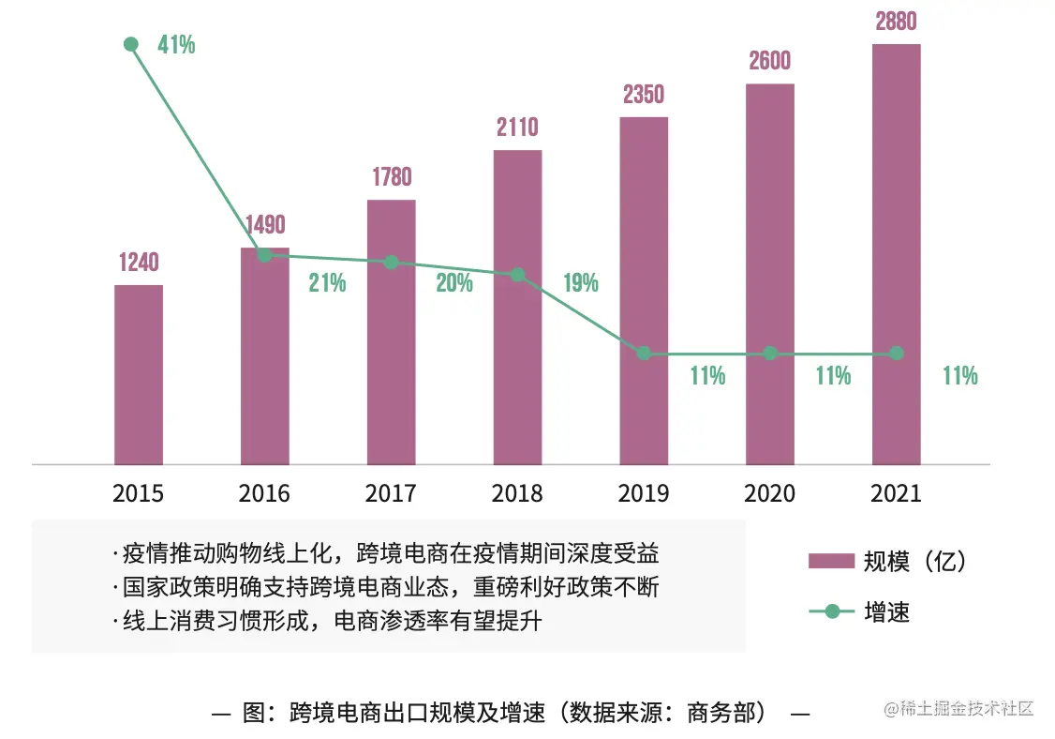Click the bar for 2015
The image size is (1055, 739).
click(139, 374)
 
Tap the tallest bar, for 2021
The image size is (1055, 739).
click(896, 253)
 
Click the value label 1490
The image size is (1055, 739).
click(265, 225)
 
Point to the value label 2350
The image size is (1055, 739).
click(644, 94)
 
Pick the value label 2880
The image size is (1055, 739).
click(896, 21)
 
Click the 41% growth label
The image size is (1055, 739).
click(176, 44)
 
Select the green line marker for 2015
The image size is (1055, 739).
click(131, 44)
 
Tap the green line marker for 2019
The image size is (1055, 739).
click(644, 354)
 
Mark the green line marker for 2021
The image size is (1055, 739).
click(897, 354)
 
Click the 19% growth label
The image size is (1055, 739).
click(581, 282)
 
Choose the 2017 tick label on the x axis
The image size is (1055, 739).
click(391, 493)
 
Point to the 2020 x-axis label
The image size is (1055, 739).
click(769, 493)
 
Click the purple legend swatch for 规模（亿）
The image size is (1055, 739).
click(831, 561)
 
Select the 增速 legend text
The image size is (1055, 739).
click(886, 612)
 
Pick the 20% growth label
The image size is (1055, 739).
click(454, 282)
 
